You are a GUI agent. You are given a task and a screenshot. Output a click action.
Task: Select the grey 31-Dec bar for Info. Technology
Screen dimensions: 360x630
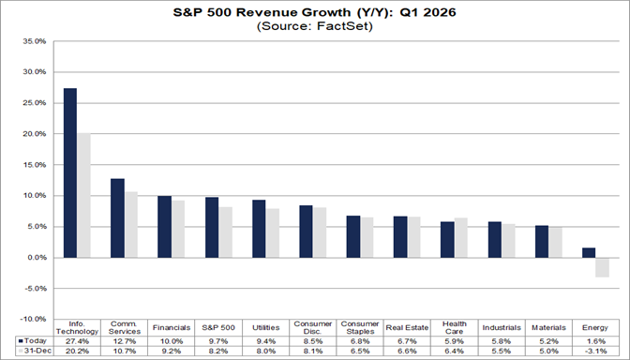pyautogui.click(x=83, y=195)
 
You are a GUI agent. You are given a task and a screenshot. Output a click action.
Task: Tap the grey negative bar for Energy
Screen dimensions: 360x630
pyautogui.click(x=602, y=267)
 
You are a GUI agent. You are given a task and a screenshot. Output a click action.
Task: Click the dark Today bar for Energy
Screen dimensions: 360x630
pyautogui.click(x=588, y=252)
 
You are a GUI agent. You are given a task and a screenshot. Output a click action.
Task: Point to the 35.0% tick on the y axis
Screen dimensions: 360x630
pyautogui.click(x=34, y=41)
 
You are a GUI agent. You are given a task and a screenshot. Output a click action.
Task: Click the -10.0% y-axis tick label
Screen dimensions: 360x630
pyautogui.click(x=33, y=319)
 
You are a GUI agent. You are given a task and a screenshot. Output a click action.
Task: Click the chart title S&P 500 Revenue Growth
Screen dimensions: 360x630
pyautogui.click(x=314, y=13)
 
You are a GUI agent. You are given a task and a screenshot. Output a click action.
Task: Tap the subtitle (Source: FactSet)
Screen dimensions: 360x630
pyautogui.click(x=314, y=28)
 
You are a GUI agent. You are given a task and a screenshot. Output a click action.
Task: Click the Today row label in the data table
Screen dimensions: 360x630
pyautogui.click(x=34, y=340)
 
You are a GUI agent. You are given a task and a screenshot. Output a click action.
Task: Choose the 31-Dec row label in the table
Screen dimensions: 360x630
pyautogui.click(x=34, y=351)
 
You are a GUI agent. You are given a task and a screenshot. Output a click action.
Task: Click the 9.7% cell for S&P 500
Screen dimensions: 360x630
pyautogui.click(x=218, y=340)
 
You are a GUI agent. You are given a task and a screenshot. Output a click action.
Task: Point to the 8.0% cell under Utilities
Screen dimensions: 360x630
pyautogui.click(x=265, y=351)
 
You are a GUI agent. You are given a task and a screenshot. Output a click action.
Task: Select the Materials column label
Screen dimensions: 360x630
pyautogui.click(x=548, y=328)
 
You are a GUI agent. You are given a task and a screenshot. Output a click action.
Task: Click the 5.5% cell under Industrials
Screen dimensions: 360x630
pyautogui.click(x=501, y=351)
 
